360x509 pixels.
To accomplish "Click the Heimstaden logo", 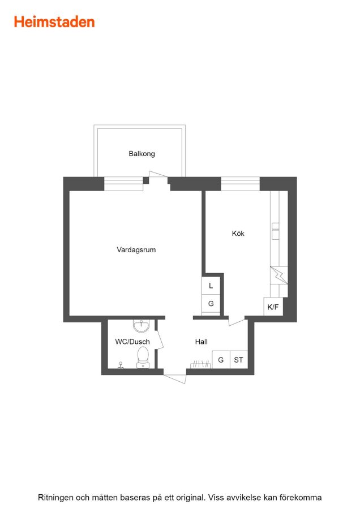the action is tap(54, 22).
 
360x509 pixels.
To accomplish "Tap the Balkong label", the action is tap(142, 153).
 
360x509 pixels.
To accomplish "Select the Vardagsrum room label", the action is tap(136, 249).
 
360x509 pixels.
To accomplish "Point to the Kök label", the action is tap(238, 233).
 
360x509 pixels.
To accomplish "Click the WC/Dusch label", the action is tap(132, 342).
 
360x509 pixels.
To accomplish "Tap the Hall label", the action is tap(202, 342).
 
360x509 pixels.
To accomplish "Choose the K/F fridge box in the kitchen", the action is tap(273, 307).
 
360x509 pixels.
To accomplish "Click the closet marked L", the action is tap(211, 286).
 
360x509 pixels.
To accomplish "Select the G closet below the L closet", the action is tap(211, 304).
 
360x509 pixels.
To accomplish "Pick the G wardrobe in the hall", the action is tap(221, 360).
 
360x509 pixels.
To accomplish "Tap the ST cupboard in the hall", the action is tap(238, 360).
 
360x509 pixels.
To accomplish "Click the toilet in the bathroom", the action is tap(143, 357).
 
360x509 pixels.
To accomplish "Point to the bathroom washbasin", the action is tap(142, 326).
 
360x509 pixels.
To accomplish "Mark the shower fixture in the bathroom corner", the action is tap(121, 365).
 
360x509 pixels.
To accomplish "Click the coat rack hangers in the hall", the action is tap(200, 364).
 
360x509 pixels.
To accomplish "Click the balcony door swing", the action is tap(158, 174).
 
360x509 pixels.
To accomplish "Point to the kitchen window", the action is tap(241, 184).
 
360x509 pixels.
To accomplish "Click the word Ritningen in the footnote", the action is tap(55, 497).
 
